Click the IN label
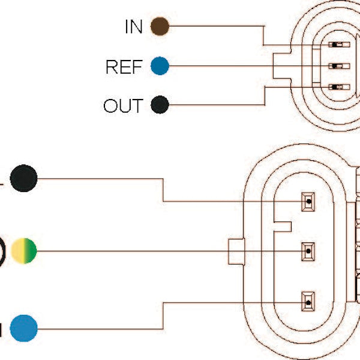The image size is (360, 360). coord(133,26)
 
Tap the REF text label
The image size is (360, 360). coord(124,67)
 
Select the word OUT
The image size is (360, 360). coord(123,106)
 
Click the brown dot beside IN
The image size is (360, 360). coord(160,26)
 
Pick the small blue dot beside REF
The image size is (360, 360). coord(160,66)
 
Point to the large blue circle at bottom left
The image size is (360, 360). coord(23,328)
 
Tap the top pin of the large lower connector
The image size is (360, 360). coord(308,202)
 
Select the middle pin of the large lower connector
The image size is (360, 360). coord(308,250)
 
